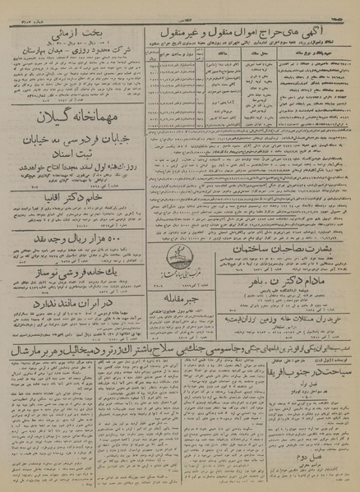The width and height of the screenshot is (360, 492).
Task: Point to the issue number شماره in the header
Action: pos(24,8)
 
